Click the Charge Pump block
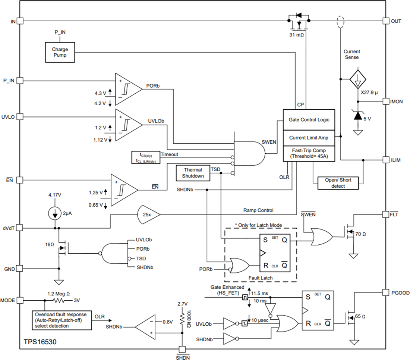point(60,52)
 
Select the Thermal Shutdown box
point(193,173)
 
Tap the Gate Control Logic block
point(309,120)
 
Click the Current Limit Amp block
point(309,138)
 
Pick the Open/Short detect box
point(338,183)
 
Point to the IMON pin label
point(396,101)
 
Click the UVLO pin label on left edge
point(8,117)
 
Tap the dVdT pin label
point(8,228)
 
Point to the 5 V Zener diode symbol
point(358,116)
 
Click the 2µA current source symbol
point(55,214)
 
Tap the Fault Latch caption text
point(260,278)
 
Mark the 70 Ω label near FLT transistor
point(360,234)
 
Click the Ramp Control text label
point(258,210)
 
